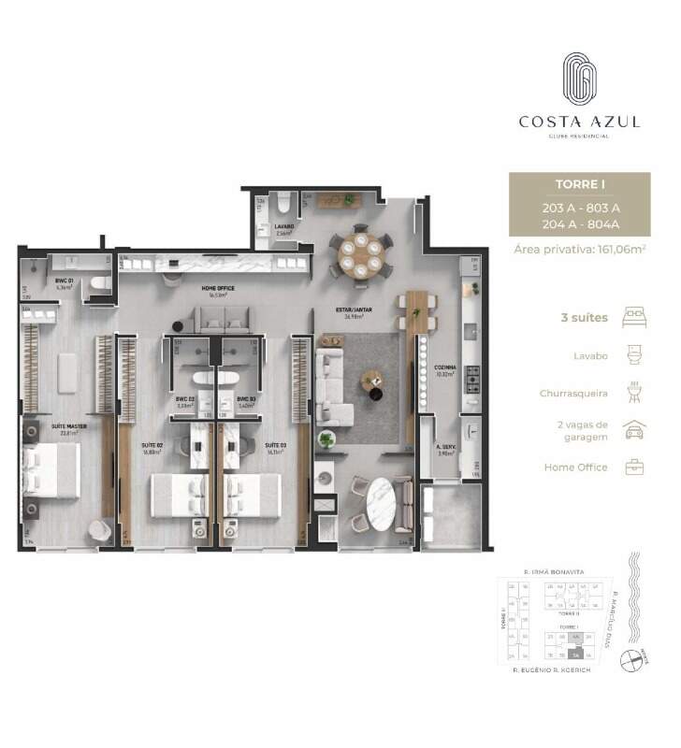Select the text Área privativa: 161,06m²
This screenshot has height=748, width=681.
(x=579, y=249)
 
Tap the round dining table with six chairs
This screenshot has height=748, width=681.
(x=360, y=252)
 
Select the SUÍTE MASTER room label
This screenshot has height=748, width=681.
(x=67, y=426)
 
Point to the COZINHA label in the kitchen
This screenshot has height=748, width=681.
(x=444, y=368)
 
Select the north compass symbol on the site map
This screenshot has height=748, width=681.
(x=637, y=659)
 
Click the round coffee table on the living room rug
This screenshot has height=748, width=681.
(x=372, y=379)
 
